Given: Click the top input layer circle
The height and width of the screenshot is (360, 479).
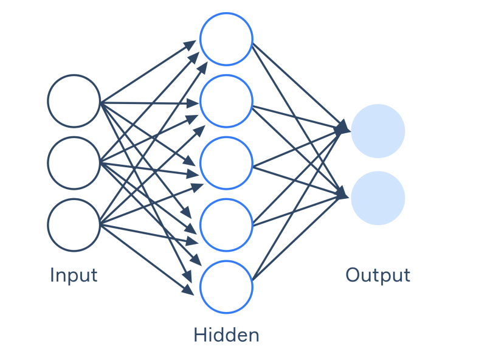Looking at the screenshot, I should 74,101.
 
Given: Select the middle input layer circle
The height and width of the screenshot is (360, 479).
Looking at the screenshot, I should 74,163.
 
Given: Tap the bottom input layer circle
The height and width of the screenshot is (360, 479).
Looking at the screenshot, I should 74,225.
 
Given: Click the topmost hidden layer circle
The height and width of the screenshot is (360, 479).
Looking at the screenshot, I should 226,38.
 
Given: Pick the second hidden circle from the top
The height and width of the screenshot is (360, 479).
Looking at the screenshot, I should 226,100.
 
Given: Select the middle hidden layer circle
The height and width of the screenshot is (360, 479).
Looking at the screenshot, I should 226,163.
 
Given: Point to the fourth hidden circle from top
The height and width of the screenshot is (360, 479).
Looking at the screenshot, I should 226,225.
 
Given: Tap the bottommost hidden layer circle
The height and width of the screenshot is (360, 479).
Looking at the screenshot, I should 226,287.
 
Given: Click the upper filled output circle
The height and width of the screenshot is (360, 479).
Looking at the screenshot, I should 378,131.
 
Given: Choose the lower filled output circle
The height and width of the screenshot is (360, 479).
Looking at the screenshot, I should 378,198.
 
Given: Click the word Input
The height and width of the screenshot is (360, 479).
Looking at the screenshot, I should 74,275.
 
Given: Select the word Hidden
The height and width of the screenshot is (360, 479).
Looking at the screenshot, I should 226,334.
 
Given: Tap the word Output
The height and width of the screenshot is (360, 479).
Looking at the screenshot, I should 377,275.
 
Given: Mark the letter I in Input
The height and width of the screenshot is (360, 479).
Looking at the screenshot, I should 52,275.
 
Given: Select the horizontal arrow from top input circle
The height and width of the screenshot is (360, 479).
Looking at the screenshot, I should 149,102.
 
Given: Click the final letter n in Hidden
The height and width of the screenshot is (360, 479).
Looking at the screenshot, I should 253,336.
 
